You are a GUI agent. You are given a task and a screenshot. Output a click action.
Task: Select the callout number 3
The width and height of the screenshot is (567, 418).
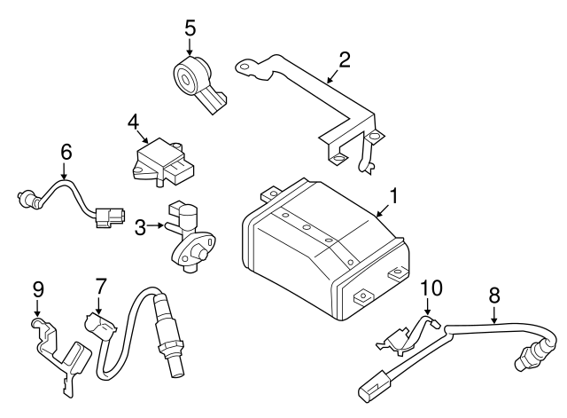coord(140,228)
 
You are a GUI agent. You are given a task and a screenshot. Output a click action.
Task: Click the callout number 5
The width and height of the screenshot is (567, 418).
coord(190,28)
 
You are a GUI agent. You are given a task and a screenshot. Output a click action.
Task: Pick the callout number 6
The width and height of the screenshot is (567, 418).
coord(65,152)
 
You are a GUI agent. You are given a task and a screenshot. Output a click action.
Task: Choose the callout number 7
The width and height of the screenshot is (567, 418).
coord(101,286)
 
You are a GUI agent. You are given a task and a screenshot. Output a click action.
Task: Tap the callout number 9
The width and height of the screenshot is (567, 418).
coord(37,289)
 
